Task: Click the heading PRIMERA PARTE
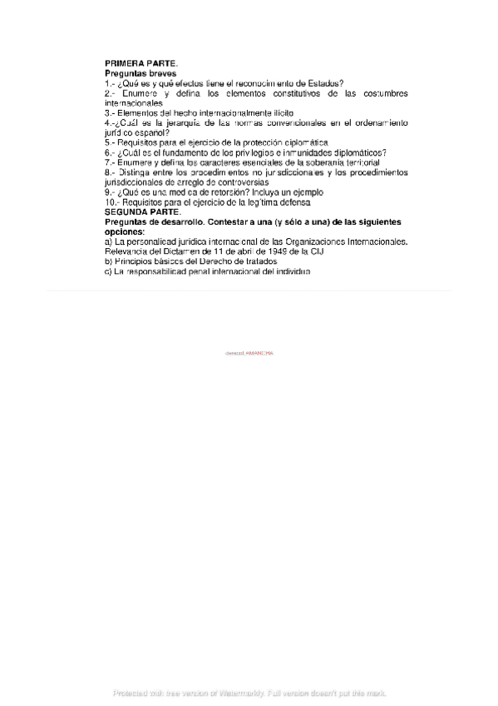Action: click(141, 63)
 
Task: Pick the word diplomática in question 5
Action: click(307, 142)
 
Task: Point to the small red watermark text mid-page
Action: click(249, 354)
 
